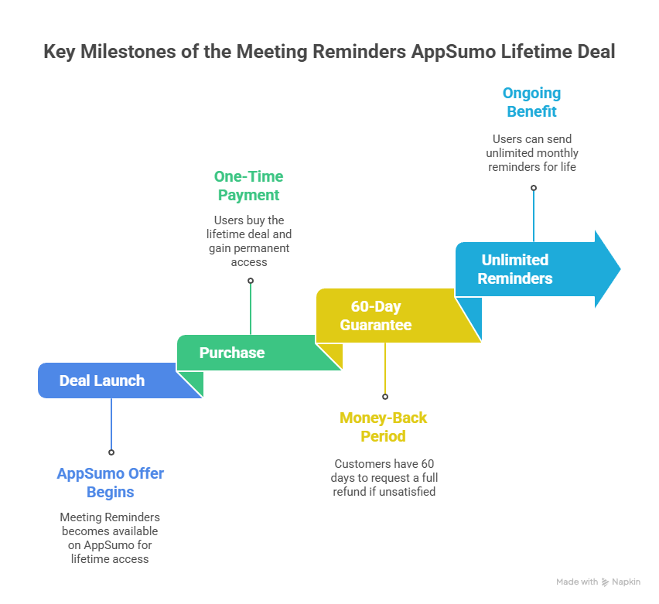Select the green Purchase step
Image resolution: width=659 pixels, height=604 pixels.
click(x=232, y=353)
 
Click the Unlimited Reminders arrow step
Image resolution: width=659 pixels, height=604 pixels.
click(x=515, y=269)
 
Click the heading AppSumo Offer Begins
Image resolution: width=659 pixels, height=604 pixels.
click(x=111, y=483)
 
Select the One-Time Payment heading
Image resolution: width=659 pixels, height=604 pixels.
click(x=249, y=186)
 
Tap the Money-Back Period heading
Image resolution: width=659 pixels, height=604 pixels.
click(x=384, y=427)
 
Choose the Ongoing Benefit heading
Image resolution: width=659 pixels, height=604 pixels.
click(x=532, y=102)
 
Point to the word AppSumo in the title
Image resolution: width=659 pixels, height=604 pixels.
click(x=462, y=53)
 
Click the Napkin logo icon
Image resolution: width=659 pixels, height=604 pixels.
click(x=605, y=582)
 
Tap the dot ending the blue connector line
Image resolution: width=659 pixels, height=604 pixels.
click(x=111, y=452)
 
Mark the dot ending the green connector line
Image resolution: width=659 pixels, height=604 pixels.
click(x=250, y=281)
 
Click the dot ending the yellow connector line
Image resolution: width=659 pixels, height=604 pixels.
click(x=384, y=396)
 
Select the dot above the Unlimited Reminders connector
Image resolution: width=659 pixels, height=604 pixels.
click(x=533, y=188)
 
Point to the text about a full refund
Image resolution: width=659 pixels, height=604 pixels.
click(x=384, y=477)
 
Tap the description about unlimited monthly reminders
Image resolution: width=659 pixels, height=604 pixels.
click(x=532, y=153)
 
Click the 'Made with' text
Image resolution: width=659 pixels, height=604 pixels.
click(x=577, y=582)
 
